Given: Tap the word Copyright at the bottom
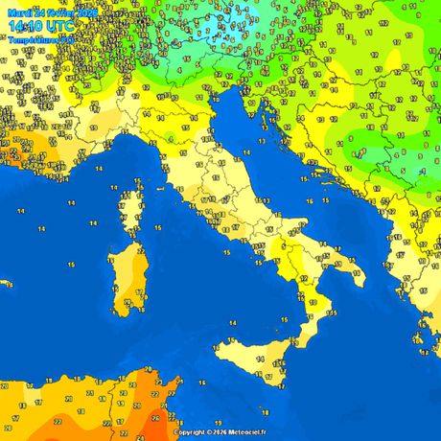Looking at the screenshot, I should tap(192, 432).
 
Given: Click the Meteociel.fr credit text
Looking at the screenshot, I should tap(246, 432).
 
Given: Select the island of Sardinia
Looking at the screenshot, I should tap(126, 278).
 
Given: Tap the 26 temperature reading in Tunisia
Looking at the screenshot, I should tap(156, 417).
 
